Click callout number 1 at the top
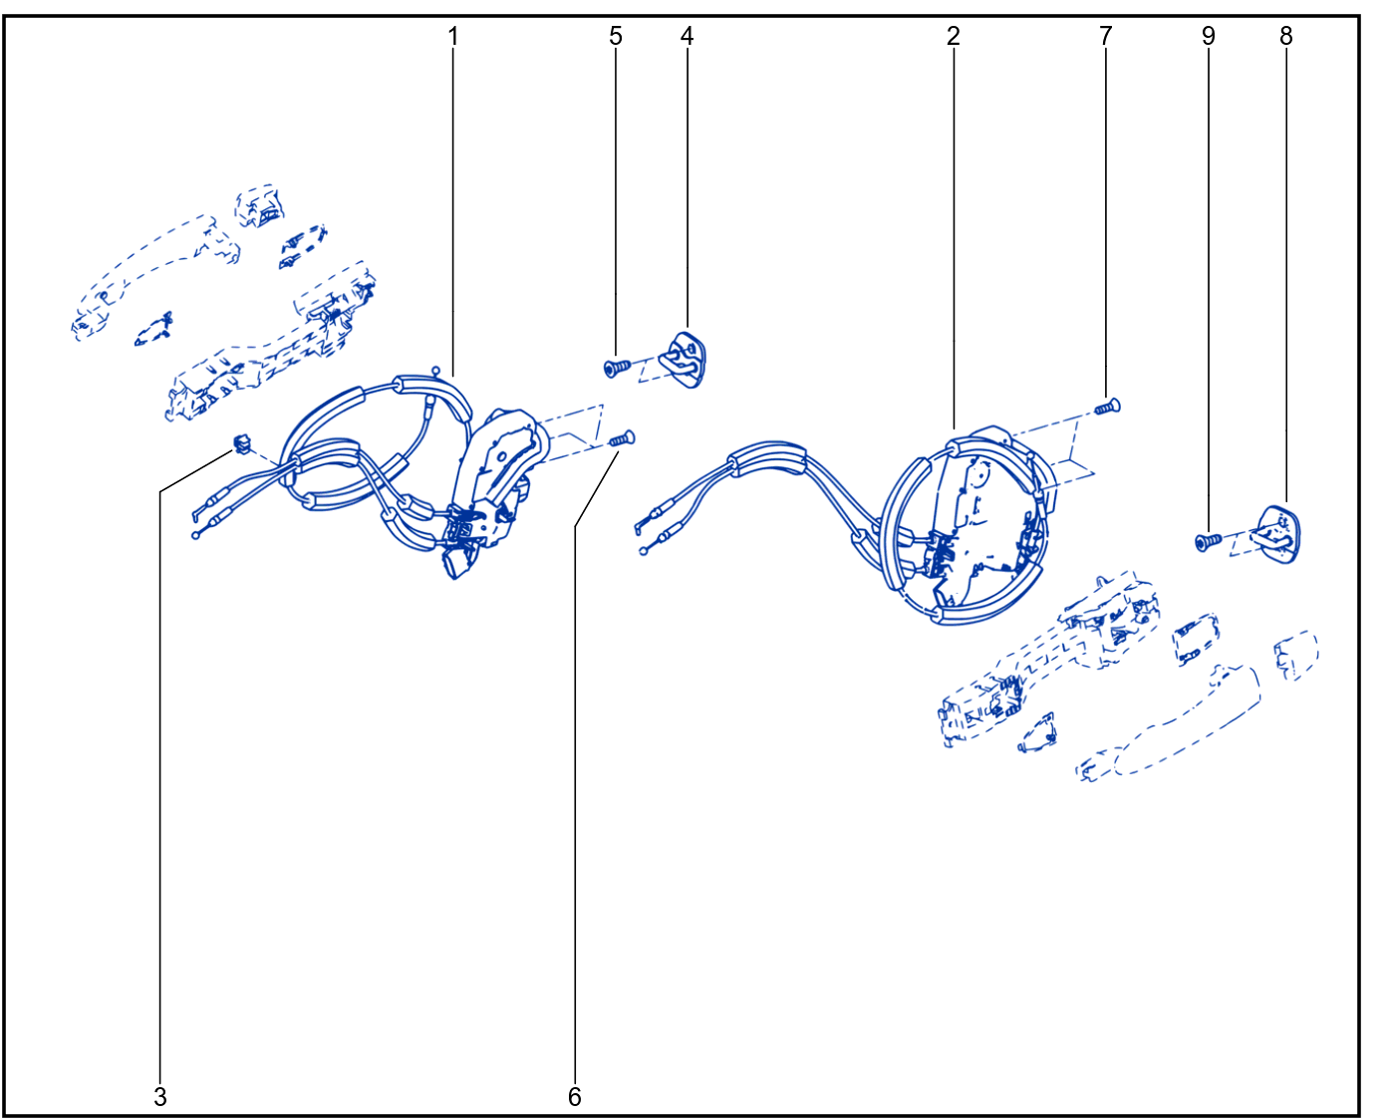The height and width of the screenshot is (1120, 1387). [x=453, y=36]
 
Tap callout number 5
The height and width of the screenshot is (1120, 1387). [x=616, y=36]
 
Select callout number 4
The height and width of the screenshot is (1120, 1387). [x=687, y=36]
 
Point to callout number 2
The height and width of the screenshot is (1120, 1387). [x=954, y=36]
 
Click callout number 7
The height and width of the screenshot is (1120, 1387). [x=1106, y=36]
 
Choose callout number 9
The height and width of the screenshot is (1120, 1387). [x=1209, y=36]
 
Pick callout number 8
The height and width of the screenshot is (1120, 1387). [x=1286, y=36]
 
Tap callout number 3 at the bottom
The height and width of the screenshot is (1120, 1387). [x=160, y=1096]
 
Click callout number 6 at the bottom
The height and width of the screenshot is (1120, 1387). [x=574, y=1096]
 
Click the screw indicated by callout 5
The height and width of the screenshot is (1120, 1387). [x=617, y=369]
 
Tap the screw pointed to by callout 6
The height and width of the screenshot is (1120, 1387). [x=622, y=439]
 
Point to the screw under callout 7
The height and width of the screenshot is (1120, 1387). [x=1107, y=408]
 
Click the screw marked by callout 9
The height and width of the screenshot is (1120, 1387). [x=1209, y=541]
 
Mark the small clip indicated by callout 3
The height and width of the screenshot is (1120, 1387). [x=241, y=444]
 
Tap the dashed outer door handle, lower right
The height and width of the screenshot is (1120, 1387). [x=1169, y=722]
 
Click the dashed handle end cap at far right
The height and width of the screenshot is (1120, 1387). [x=1296, y=655]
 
